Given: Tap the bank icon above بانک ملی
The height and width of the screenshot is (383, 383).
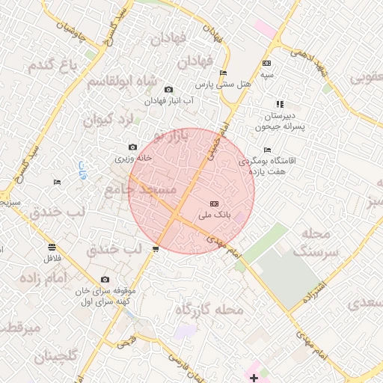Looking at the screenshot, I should click(215, 203).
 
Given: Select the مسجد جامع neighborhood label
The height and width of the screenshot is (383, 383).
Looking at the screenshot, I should click(142, 190).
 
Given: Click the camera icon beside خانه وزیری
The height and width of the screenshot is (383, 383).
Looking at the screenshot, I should click(133, 147).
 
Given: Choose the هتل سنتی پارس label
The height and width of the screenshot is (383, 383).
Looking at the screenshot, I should click(222, 85).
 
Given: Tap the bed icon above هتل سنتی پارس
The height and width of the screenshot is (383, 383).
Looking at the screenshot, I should click(223, 73).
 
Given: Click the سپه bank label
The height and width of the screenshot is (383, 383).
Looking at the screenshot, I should click(267, 75).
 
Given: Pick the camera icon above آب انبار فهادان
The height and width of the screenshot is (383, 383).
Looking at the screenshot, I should click(168, 90).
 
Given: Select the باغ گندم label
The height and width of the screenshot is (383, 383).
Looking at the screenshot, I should click(54, 65).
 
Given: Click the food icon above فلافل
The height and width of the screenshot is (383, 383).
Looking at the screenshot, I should click(51, 247).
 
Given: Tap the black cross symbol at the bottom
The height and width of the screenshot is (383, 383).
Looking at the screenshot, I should click(254, 378).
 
